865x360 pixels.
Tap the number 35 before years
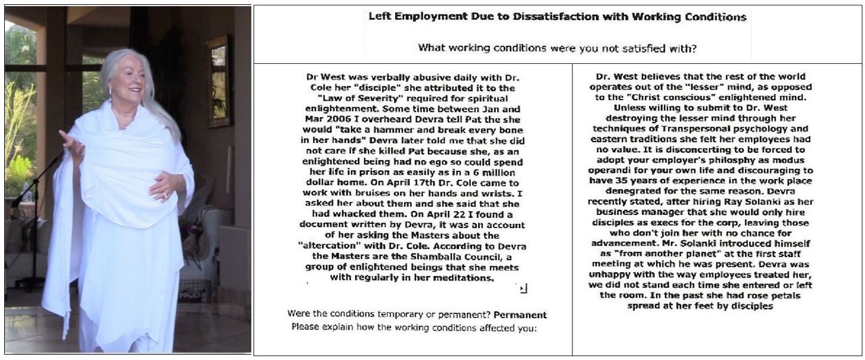point(626,180)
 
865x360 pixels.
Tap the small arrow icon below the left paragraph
point(523,289)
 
